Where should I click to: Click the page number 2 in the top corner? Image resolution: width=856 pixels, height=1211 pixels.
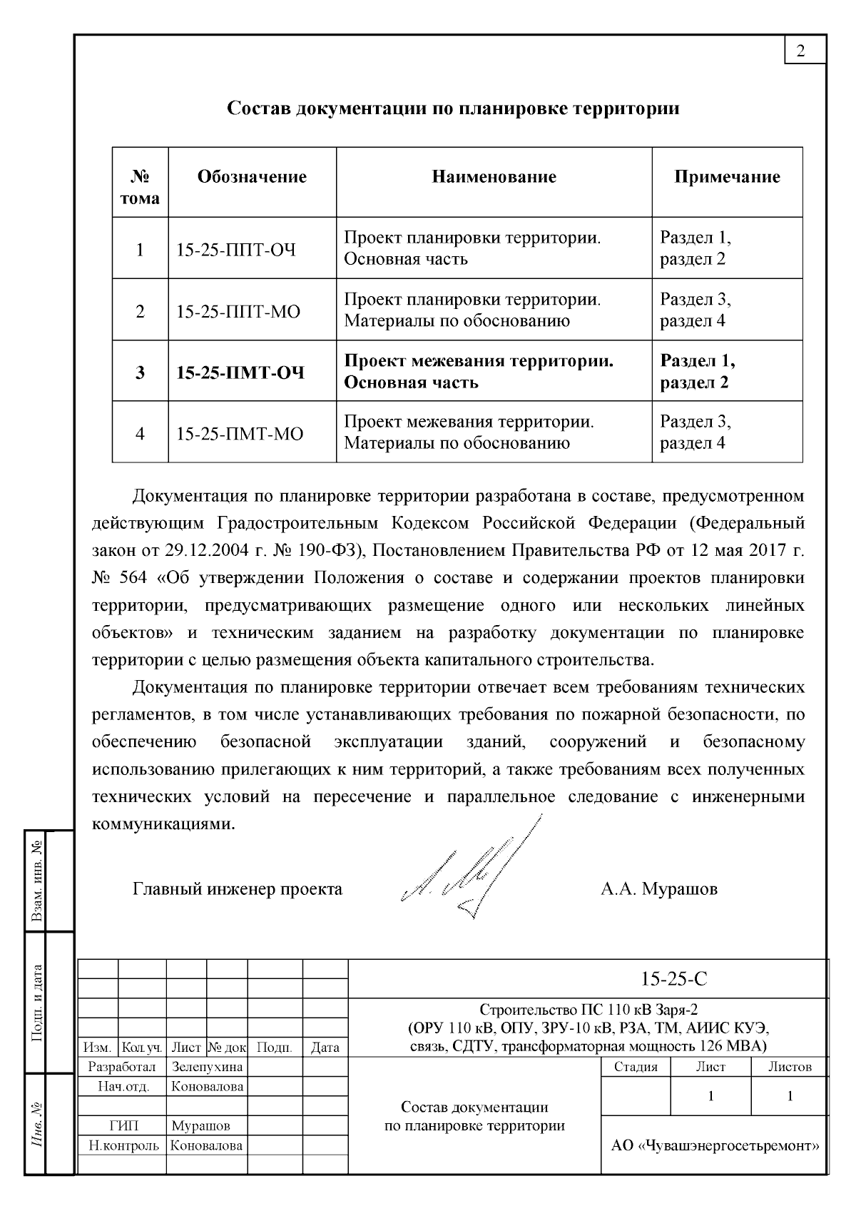click(x=800, y=51)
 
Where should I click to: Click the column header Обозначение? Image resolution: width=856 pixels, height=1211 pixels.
click(x=252, y=177)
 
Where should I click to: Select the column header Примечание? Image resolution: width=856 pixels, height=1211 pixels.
click(x=727, y=177)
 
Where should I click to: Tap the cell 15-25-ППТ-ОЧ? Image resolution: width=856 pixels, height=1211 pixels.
click(x=236, y=250)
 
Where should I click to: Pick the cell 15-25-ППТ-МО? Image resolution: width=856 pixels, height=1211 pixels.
click(x=238, y=312)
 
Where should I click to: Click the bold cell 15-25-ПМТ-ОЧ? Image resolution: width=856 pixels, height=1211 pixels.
click(x=240, y=373)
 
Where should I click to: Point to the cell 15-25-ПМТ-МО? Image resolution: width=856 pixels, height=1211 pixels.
click(x=240, y=434)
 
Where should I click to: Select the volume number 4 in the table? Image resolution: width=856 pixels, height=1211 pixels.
click(x=140, y=434)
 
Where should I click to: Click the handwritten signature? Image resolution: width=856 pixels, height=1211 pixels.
click(x=471, y=871)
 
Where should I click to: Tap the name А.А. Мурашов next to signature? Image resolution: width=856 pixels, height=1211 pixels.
click(x=658, y=889)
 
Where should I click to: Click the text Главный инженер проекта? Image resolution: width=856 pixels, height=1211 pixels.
click(x=238, y=889)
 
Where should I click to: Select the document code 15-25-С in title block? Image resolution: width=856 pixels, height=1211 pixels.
click(x=673, y=978)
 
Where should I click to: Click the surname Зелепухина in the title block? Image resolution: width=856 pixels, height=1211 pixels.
click(x=207, y=1067)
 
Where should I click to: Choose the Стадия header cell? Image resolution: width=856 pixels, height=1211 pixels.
click(x=636, y=1067)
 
